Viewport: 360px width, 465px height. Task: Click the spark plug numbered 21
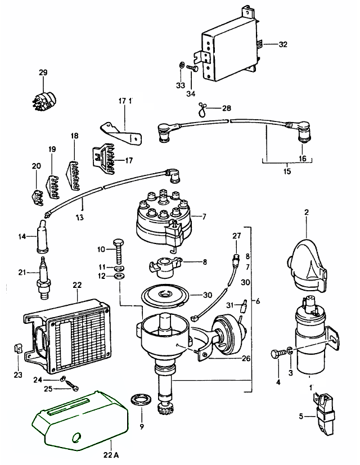point(43,278)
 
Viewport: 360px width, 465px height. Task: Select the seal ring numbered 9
point(141,401)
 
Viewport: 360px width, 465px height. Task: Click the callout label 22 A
point(112,454)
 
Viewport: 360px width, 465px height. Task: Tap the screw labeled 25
point(73,387)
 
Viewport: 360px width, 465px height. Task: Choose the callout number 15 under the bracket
point(287,171)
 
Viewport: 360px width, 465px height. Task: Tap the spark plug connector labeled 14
point(42,237)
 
